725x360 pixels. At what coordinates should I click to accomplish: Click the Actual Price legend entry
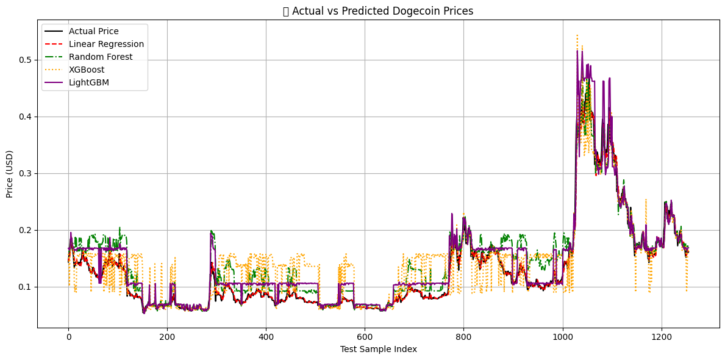[x=93, y=31]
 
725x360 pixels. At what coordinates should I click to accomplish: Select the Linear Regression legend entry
[x=106, y=44]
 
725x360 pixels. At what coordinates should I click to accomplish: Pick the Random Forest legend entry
[x=100, y=57]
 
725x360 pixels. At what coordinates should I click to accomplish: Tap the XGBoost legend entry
[x=87, y=70]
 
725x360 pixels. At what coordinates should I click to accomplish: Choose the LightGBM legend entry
[x=89, y=82]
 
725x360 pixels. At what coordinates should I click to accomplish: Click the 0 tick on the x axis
[x=68, y=336]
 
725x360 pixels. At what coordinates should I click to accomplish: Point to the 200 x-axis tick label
[x=167, y=336]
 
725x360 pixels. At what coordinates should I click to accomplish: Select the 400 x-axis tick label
[x=266, y=336]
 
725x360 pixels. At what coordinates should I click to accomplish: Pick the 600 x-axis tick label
[x=365, y=336]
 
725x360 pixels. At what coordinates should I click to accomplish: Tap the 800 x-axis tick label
[x=463, y=336]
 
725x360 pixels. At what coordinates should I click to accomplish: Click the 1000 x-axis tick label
[x=562, y=336]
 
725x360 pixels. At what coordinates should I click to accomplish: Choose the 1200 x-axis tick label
[x=661, y=336]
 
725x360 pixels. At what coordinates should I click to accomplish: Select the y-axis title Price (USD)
[x=10, y=173]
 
